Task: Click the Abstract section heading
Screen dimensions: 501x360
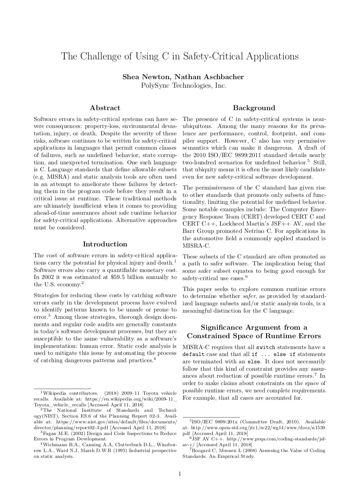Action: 105,108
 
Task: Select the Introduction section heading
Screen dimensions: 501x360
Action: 105,244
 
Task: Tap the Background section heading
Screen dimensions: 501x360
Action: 254,108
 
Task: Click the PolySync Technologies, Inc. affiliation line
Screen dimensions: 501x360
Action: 183,86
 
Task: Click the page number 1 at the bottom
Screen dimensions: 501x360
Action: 180,473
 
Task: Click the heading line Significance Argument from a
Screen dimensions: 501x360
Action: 254,328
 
